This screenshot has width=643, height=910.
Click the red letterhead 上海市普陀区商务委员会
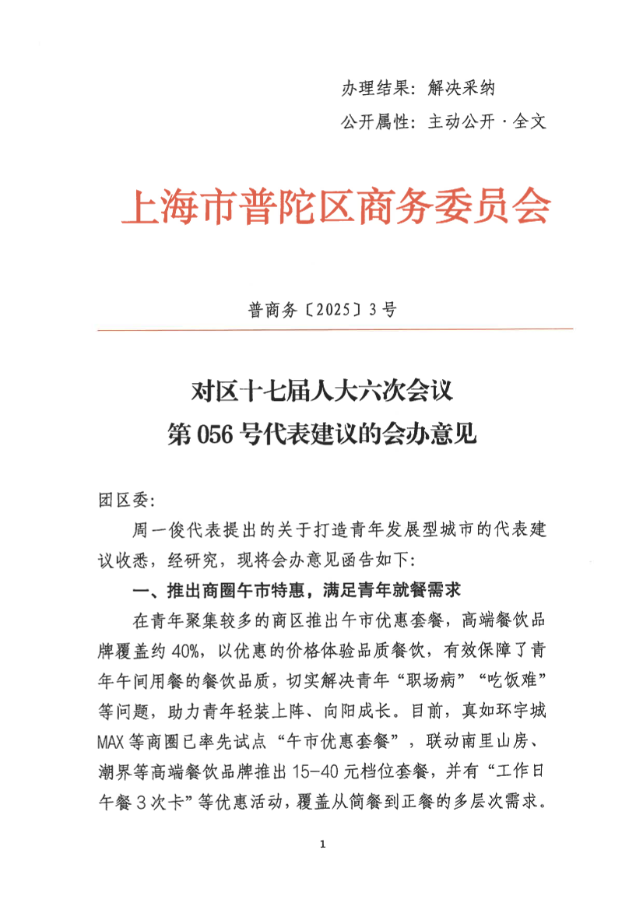point(335,207)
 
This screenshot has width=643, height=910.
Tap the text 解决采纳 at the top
point(462,89)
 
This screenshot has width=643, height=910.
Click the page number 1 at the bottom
point(321,844)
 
